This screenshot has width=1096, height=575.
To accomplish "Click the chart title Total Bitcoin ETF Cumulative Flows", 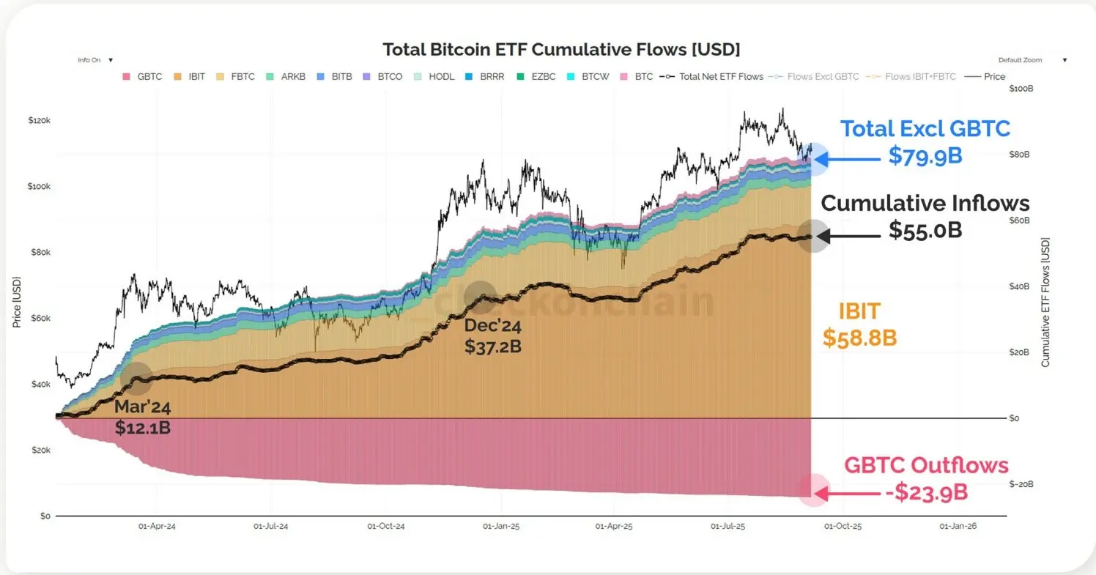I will tap(561, 50).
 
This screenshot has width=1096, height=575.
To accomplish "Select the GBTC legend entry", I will tap(144, 76).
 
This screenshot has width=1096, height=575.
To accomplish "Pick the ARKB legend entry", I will tap(288, 76).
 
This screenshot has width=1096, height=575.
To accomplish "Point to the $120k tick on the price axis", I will tap(38, 120).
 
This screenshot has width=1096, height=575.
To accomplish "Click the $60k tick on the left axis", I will tap(40, 319).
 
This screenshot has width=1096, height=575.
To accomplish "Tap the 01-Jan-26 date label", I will tap(957, 526).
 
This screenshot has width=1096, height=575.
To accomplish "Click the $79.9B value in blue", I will tap(925, 155).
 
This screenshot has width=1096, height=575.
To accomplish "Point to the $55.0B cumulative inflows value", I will tap(925, 230).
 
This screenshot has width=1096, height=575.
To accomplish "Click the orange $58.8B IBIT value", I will tap(860, 338).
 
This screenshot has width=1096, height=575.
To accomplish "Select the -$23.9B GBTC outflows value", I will tap(926, 492).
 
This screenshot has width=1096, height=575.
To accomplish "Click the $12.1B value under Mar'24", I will tap(143, 428).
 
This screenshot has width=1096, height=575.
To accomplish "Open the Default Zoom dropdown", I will tap(1032, 60).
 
